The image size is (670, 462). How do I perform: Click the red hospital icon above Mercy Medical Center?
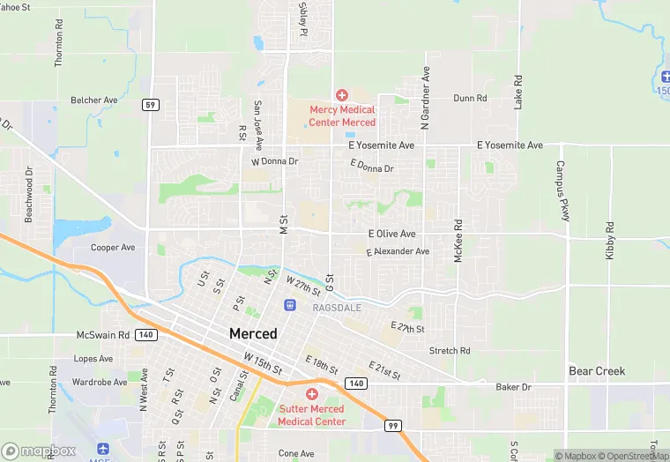point(342,94)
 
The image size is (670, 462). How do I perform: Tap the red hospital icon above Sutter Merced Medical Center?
point(311,394)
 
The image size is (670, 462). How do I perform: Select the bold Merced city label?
point(253,334)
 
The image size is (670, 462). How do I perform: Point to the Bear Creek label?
point(596,371)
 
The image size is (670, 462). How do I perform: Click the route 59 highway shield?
point(151,105)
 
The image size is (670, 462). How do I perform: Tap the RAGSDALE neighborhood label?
point(338,307)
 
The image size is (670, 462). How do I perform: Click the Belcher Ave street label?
point(94,101)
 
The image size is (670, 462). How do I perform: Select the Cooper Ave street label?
point(113,248)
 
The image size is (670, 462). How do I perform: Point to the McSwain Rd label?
point(103,335)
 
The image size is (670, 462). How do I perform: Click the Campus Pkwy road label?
point(562,190)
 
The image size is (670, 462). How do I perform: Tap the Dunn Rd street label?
point(471,99)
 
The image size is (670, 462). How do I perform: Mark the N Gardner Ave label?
point(425,97)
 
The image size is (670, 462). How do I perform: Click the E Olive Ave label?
point(391,234)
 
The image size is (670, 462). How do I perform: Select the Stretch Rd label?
point(450,351)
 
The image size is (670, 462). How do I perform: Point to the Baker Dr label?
point(513,387)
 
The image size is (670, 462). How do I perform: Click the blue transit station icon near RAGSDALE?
point(289,305)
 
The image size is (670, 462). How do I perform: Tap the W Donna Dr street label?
point(275,162)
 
